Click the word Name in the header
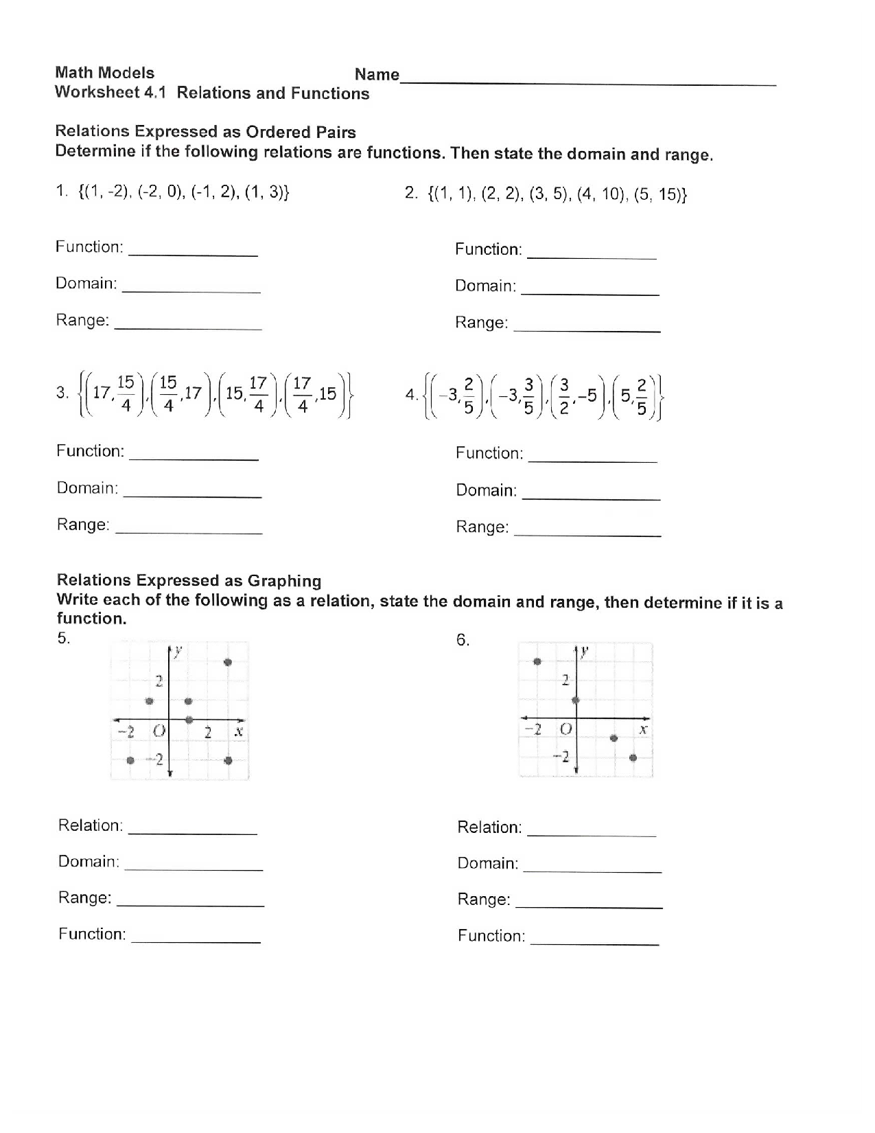point(377,75)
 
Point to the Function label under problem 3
point(90,451)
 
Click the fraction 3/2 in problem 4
point(564,396)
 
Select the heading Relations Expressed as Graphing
point(189,581)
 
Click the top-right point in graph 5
point(228,662)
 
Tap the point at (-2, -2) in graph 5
point(130,759)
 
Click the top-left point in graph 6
point(537,661)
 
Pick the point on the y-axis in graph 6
point(576,700)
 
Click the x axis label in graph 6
point(643,729)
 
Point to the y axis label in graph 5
point(178,651)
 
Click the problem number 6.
point(463,641)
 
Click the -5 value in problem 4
point(587,396)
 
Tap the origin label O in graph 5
point(159,731)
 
